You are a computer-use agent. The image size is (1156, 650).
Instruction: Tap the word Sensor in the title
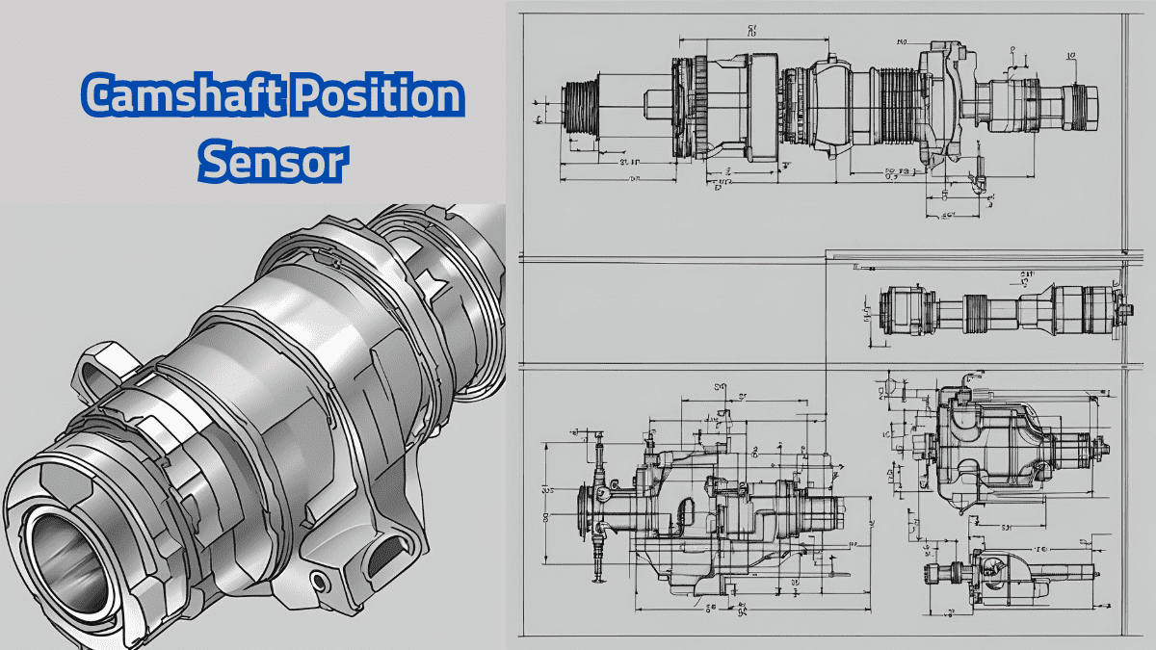tap(272, 164)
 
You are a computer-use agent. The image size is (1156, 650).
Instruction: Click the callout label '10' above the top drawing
tap(903, 42)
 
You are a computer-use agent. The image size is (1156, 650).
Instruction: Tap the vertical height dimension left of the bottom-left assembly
tap(546, 501)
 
